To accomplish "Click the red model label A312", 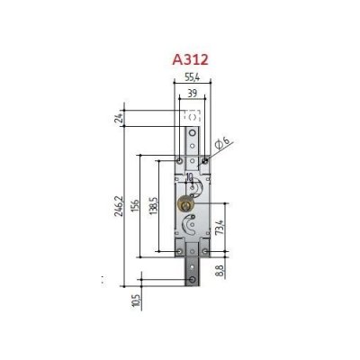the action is pyautogui.click(x=190, y=59).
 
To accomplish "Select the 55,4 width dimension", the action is pyautogui.click(x=192, y=77).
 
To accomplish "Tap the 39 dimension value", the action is pyautogui.click(x=192, y=94).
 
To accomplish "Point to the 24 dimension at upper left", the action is pyautogui.click(x=120, y=118).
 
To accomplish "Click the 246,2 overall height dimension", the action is pyautogui.click(x=119, y=206).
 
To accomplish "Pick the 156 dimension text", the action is pyautogui.click(x=135, y=205).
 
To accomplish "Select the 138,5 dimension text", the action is pyautogui.click(x=153, y=206).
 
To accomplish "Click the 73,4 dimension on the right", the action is pyautogui.click(x=220, y=227).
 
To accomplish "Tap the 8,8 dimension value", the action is pyautogui.click(x=220, y=271).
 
